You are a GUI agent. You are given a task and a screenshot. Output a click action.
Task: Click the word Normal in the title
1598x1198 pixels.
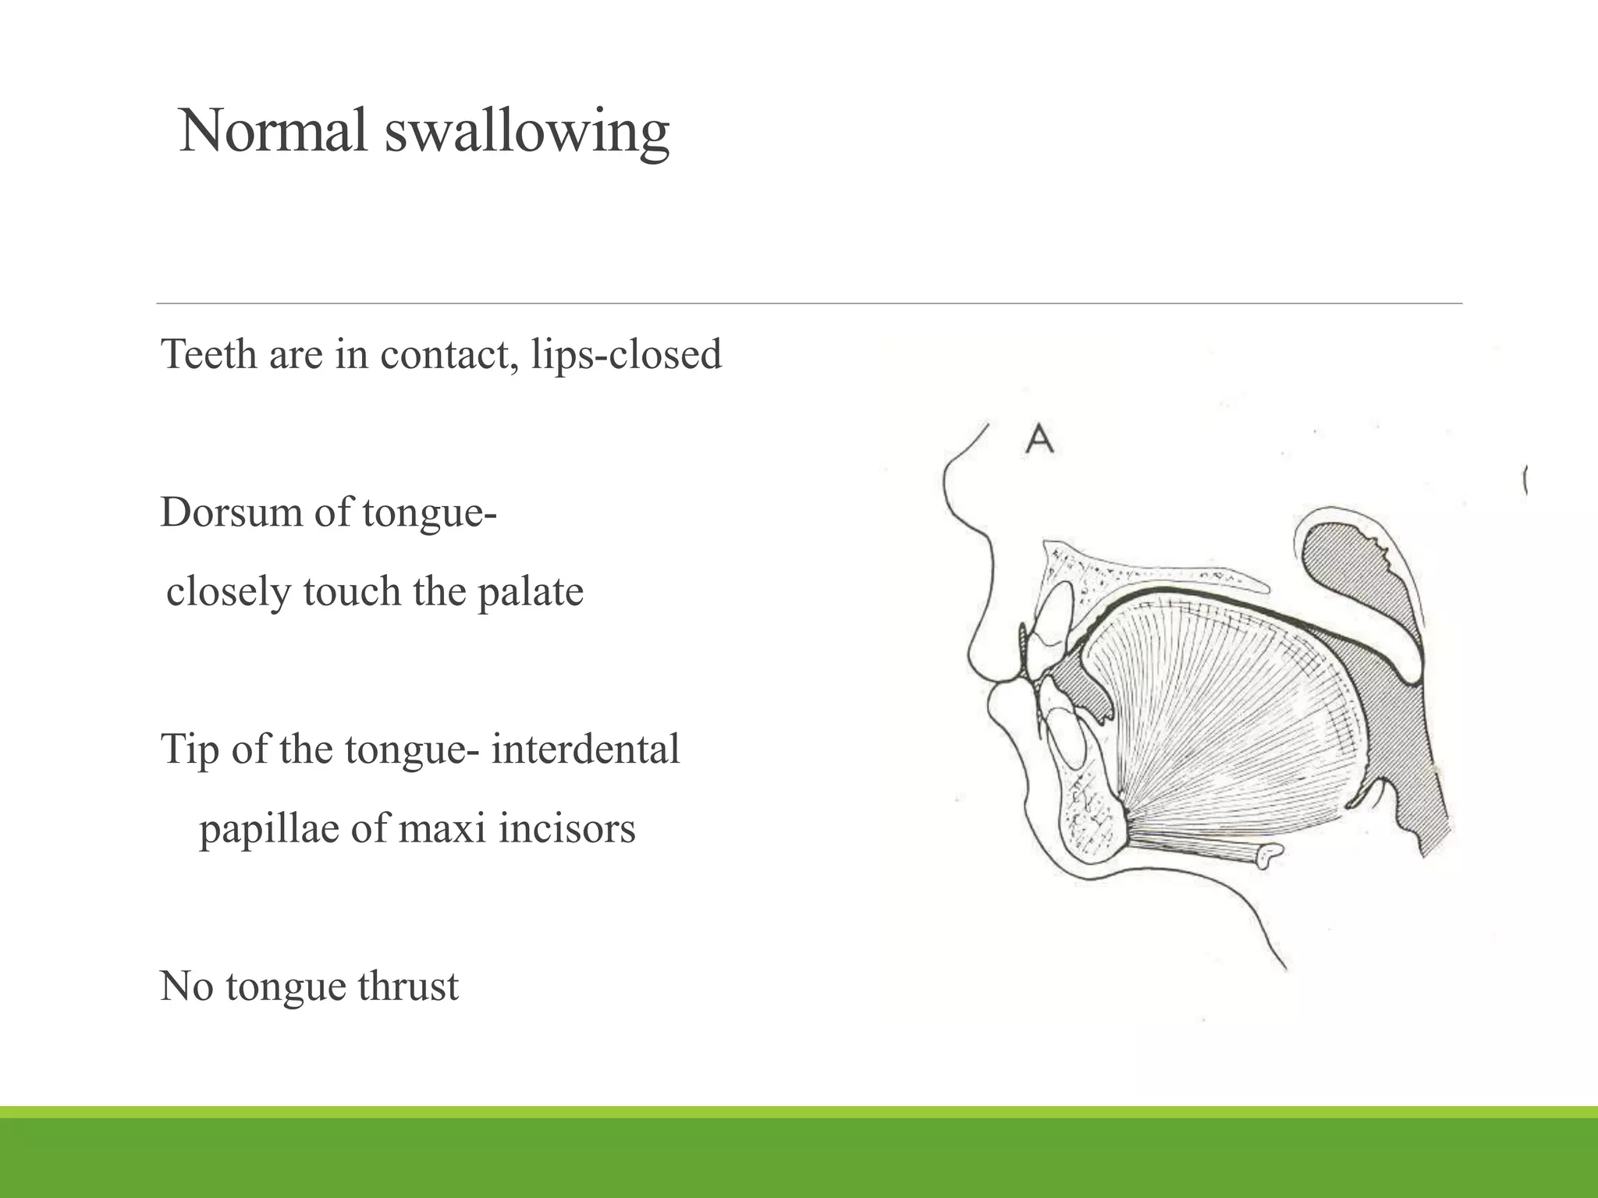272,131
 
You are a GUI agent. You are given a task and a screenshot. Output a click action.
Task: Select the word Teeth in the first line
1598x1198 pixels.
208,355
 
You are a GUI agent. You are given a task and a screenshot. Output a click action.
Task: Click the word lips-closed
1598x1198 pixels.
627,355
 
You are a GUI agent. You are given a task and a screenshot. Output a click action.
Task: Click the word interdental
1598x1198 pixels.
585,750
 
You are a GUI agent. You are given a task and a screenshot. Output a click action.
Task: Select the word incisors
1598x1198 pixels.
567,828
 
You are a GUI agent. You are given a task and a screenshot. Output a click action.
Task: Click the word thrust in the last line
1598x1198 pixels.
408,986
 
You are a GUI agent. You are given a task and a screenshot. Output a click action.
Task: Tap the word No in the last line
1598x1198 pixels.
186,986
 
